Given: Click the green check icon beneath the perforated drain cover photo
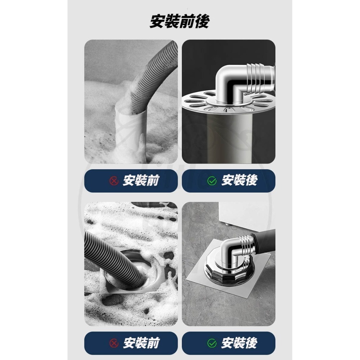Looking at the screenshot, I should click(x=212, y=181).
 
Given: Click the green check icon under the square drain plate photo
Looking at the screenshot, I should click(x=212, y=343).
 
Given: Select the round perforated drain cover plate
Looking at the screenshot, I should click(x=202, y=103).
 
